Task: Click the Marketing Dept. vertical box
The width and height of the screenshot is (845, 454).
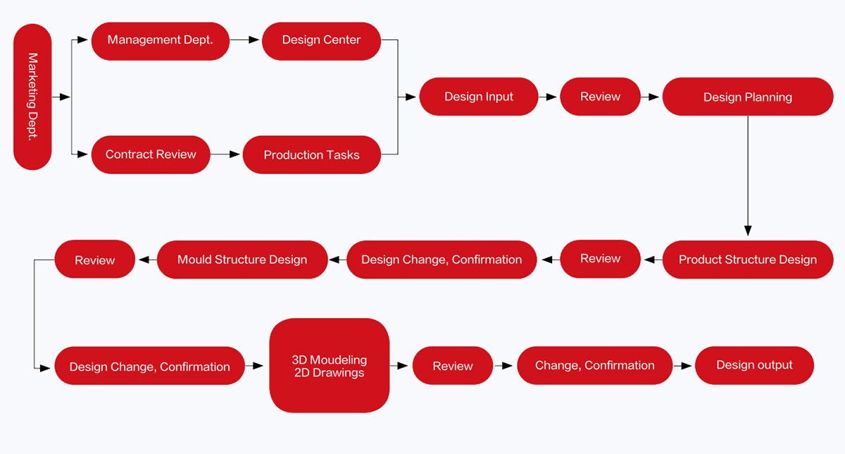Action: [x=32, y=97]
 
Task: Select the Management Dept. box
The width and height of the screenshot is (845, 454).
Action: [x=161, y=41]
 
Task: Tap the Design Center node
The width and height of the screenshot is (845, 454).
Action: [x=321, y=41]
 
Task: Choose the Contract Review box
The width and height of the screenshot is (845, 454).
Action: [x=151, y=154]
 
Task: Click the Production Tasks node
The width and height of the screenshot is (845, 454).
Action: [x=311, y=154]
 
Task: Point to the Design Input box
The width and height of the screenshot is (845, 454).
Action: [x=479, y=97]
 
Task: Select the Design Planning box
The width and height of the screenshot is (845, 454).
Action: [x=748, y=97]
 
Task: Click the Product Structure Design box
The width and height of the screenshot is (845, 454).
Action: [x=748, y=259]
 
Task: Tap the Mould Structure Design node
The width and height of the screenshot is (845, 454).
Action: [x=242, y=259]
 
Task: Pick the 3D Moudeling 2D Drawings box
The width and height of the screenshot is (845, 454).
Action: [x=330, y=365]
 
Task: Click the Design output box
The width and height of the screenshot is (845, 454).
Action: [x=754, y=365]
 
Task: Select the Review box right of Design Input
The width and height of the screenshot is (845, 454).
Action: [x=600, y=97]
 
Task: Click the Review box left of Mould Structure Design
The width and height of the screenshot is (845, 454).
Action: [x=94, y=259]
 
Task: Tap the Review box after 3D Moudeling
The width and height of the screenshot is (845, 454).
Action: [x=453, y=365]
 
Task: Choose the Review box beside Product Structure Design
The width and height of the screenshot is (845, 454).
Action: [x=600, y=259]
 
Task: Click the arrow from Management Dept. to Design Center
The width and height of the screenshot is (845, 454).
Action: [x=244, y=39]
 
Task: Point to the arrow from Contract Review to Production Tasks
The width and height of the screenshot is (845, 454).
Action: [x=225, y=154]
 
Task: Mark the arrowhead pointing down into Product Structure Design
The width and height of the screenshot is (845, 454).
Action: [x=748, y=231]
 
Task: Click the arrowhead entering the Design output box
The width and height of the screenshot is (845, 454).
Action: [x=687, y=366]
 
